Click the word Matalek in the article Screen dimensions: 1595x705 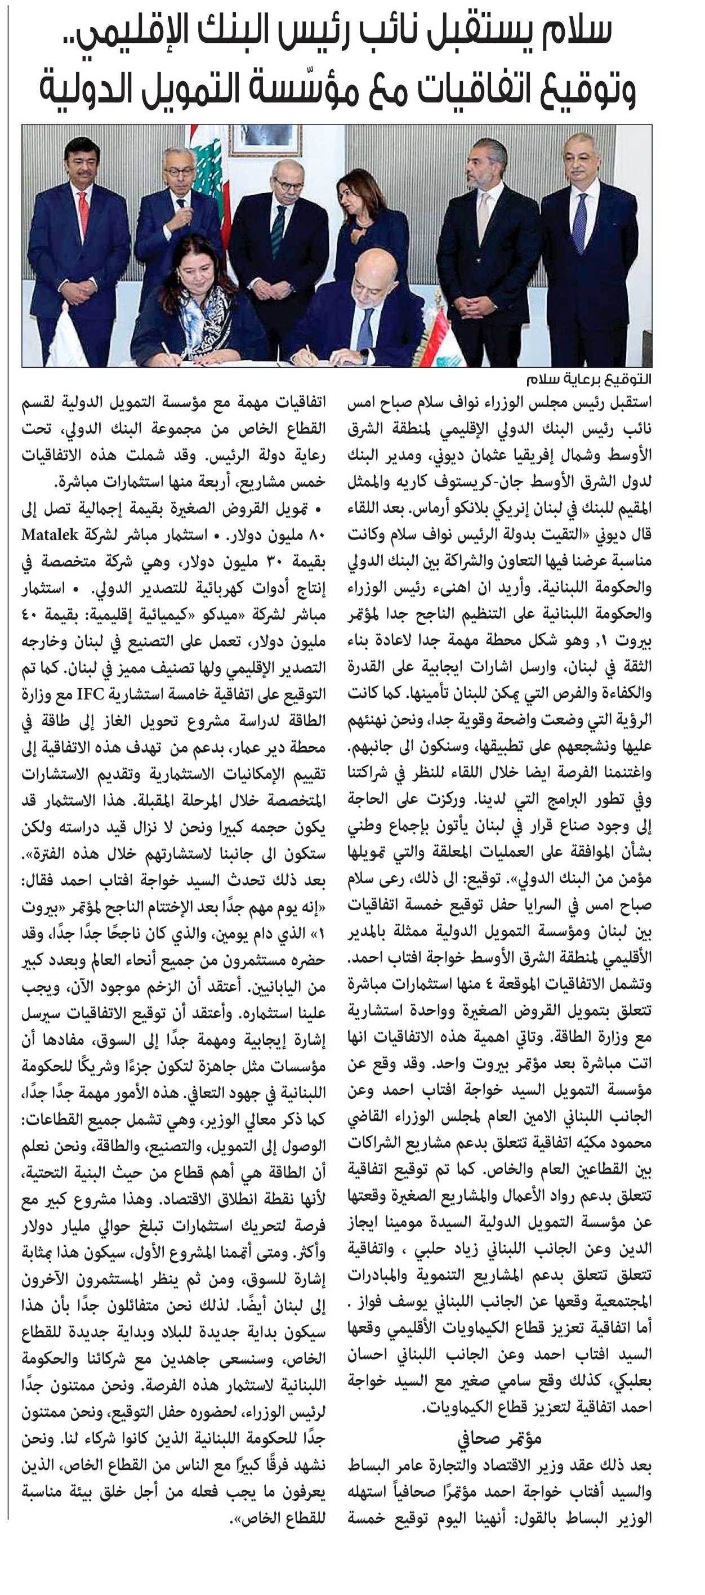click(x=50, y=535)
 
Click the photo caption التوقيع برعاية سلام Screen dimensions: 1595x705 click(x=588, y=379)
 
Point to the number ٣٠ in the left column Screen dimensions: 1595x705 click(x=273, y=562)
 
